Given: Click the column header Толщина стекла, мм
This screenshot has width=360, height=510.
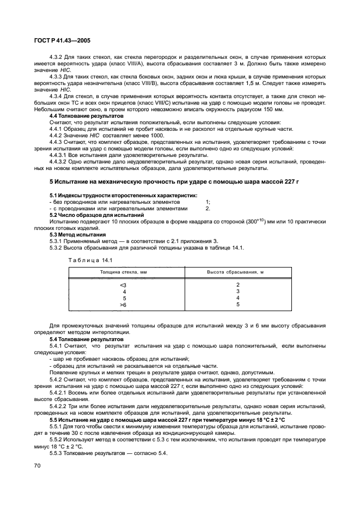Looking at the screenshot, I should point(123,272).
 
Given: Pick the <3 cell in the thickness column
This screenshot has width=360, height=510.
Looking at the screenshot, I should point(123,285).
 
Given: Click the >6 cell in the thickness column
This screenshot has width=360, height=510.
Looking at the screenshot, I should point(123,305).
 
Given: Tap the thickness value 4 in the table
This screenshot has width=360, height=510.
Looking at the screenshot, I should point(124,292).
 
